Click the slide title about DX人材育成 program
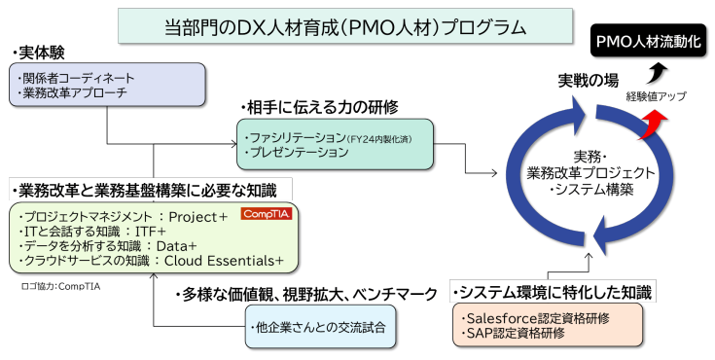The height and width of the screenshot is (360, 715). (x=330, y=26)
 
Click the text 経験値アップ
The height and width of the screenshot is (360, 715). (x=656, y=96)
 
